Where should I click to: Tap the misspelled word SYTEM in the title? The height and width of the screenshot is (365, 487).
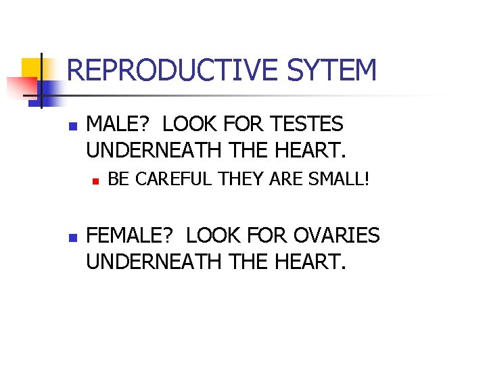(x=332, y=70)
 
